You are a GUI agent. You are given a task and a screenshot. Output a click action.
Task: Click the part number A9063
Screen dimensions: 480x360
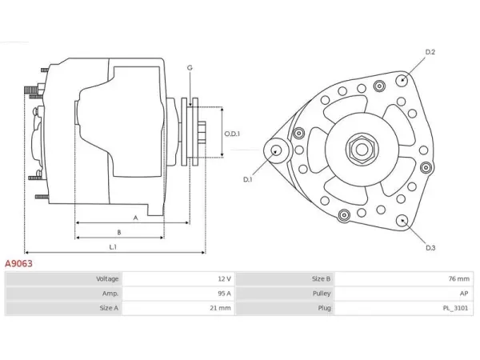point(18,263)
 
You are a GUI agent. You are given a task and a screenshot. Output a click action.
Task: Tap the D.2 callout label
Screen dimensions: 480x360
point(430,52)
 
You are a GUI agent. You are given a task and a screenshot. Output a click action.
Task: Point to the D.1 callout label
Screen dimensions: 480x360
point(247,180)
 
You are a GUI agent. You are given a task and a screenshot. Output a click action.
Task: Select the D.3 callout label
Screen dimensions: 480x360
point(430,248)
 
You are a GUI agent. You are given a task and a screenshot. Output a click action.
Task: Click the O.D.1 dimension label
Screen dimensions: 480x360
point(232,134)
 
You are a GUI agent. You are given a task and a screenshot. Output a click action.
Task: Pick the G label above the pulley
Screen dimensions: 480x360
point(190,68)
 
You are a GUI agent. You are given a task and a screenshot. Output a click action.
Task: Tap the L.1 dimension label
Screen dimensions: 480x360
point(113,246)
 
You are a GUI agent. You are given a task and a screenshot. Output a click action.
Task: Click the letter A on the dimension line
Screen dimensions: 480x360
point(136,218)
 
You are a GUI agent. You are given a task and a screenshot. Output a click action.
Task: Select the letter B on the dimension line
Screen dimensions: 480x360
point(119,232)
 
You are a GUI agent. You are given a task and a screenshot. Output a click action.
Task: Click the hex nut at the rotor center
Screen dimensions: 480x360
point(362,150)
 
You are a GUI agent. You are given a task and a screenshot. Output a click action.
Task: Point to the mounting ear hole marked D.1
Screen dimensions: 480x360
point(277,150)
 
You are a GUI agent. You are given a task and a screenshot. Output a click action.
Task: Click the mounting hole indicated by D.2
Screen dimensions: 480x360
point(402,80)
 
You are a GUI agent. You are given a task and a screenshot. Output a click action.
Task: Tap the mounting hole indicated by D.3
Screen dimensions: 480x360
point(402,221)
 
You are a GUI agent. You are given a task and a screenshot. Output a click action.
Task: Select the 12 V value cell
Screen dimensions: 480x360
point(224,279)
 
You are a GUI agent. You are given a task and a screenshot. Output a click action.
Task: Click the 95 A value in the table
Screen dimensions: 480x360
point(224,294)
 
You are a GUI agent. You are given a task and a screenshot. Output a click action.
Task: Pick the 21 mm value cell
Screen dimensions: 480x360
point(220,308)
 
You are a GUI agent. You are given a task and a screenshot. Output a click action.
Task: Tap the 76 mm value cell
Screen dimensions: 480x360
point(458,279)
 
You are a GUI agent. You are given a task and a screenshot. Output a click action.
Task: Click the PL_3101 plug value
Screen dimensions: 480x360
point(455,308)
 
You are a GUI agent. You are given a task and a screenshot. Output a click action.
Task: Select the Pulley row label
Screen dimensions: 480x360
point(322,294)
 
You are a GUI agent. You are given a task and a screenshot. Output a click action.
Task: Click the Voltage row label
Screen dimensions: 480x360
point(107,279)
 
